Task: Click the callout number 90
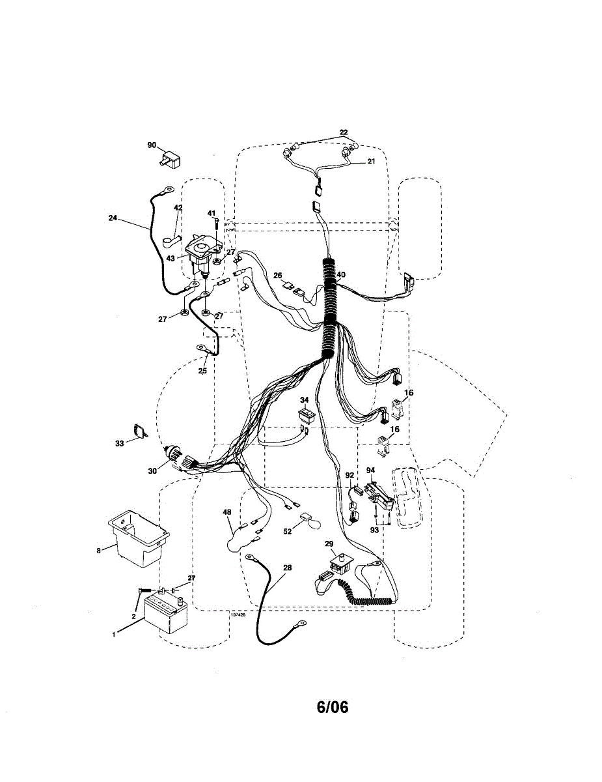pyautogui.click(x=152, y=145)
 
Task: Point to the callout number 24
pyautogui.click(x=113, y=218)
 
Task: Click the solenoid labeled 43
pyautogui.click(x=202, y=257)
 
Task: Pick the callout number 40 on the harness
pyautogui.click(x=341, y=274)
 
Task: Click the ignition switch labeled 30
pyautogui.click(x=179, y=457)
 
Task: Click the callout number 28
pyautogui.click(x=287, y=568)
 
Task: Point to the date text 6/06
pyautogui.click(x=333, y=707)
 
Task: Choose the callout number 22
pyautogui.click(x=344, y=132)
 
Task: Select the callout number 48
pyautogui.click(x=227, y=513)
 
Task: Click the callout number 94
pyautogui.click(x=370, y=470)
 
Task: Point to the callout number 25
pyautogui.click(x=202, y=370)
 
